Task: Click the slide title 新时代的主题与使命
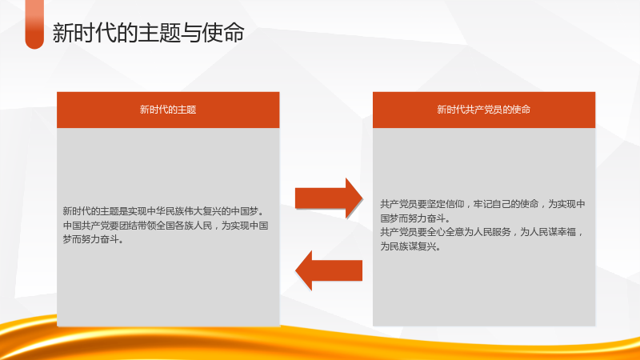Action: coord(148,33)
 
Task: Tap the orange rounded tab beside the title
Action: coord(34,25)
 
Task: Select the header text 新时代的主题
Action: coord(168,110)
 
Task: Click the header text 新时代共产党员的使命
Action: coord(484,110)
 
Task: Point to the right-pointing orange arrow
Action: coord(329,198)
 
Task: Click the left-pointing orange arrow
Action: coord(329,270)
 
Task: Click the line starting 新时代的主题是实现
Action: coord(164,211)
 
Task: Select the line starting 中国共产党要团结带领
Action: coord(166,226)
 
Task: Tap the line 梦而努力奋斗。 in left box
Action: coord(93,239)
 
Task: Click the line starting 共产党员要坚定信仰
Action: coord(483,204)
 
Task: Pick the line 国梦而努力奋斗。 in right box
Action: coord(415,218)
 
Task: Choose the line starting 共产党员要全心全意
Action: coord(482,232)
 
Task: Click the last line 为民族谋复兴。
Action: coord(410,246)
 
